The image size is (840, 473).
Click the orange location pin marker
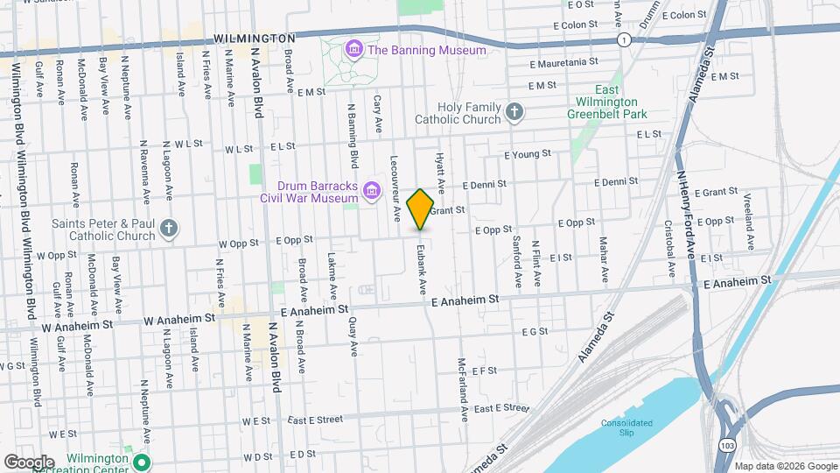coord(421,208)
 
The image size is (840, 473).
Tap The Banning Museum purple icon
coord(353,49)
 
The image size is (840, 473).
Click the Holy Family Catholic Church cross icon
coord(514,111)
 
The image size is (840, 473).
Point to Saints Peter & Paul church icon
coord(169,229)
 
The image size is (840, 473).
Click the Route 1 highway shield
coord(624,40)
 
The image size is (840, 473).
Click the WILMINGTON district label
coord(254,39)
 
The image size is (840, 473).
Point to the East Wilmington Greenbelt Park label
coord(606,102)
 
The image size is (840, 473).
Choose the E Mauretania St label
coord(563,62)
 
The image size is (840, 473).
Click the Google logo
coord(29,462)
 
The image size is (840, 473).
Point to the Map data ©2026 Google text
coord(785,466)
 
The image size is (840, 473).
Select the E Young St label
coord(527,153)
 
